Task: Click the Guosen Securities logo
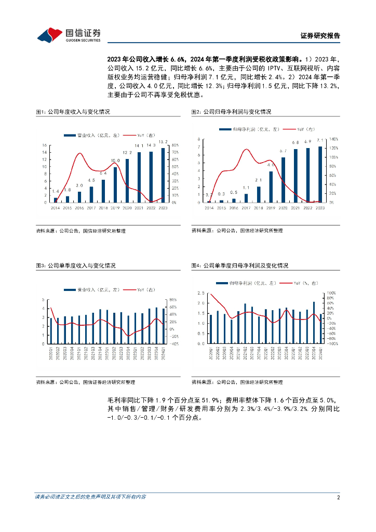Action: [x=69, y=34]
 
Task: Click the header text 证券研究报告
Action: [x=320, y=36]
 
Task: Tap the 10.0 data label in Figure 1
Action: [x=115, y=161]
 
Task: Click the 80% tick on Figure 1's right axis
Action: [x=175, y=145]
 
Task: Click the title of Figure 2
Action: [x=231, y=112]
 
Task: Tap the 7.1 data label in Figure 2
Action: [x=320, y=140]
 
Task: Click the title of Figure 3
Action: [x=76, y=265]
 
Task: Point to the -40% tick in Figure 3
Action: [x=174, y=343]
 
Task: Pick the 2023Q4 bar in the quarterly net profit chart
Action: [x=314, y=323]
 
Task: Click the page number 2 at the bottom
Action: [x=338, y=497]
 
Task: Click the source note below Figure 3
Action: [x=85, y=382]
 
